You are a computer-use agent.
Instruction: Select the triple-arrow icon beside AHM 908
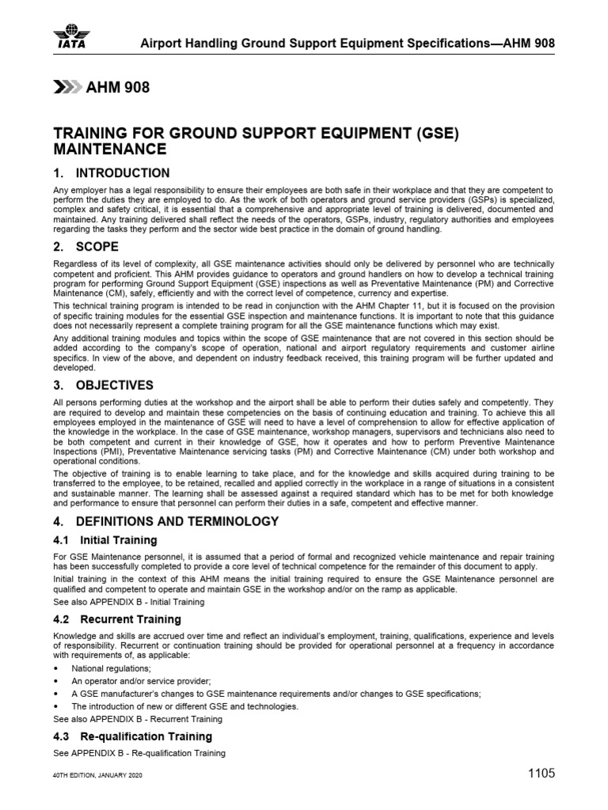click(66, 88)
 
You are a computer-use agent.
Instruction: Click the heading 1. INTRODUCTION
click(111, 173)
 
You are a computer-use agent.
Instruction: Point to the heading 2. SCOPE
click(85, 247)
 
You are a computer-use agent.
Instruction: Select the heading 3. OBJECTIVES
click(103, 385)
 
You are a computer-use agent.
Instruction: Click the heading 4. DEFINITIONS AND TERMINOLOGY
click(165, 521)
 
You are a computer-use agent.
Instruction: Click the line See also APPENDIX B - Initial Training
click(127, 602)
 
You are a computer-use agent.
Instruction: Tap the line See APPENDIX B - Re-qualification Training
click(139, 753)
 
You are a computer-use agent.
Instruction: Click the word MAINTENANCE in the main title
click(109, 149)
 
